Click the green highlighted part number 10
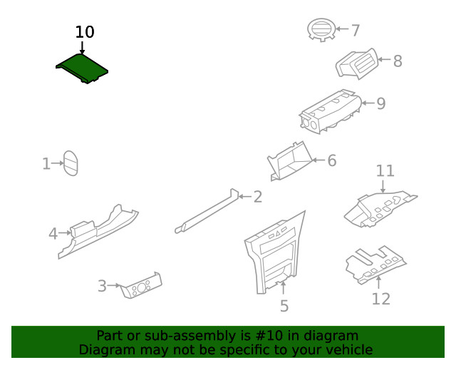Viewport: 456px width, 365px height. pyautogui.click(x=82, y=69)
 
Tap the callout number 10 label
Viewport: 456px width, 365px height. pyautogui.click(x=84, y=32)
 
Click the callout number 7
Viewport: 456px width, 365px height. pyautogui.click(x=355, y=30)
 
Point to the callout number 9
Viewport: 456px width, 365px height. pyautogui.click(x=381, y=103)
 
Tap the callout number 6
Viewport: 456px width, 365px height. pyautogui.click(x=331, y=160)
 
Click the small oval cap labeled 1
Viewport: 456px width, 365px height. pyautogui.click(x=71, y=163)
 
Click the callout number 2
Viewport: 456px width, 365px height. pyautogui.click(x=257, y=196)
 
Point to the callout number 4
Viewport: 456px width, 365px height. pyautogui.click(x=53, y=233)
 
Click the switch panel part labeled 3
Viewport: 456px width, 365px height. pyautogui.click(x=141, y=285)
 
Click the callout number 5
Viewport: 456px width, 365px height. pyautogui.click(x=284, y=307)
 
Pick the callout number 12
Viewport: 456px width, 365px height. pyautogui.click(x=380, y=299)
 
